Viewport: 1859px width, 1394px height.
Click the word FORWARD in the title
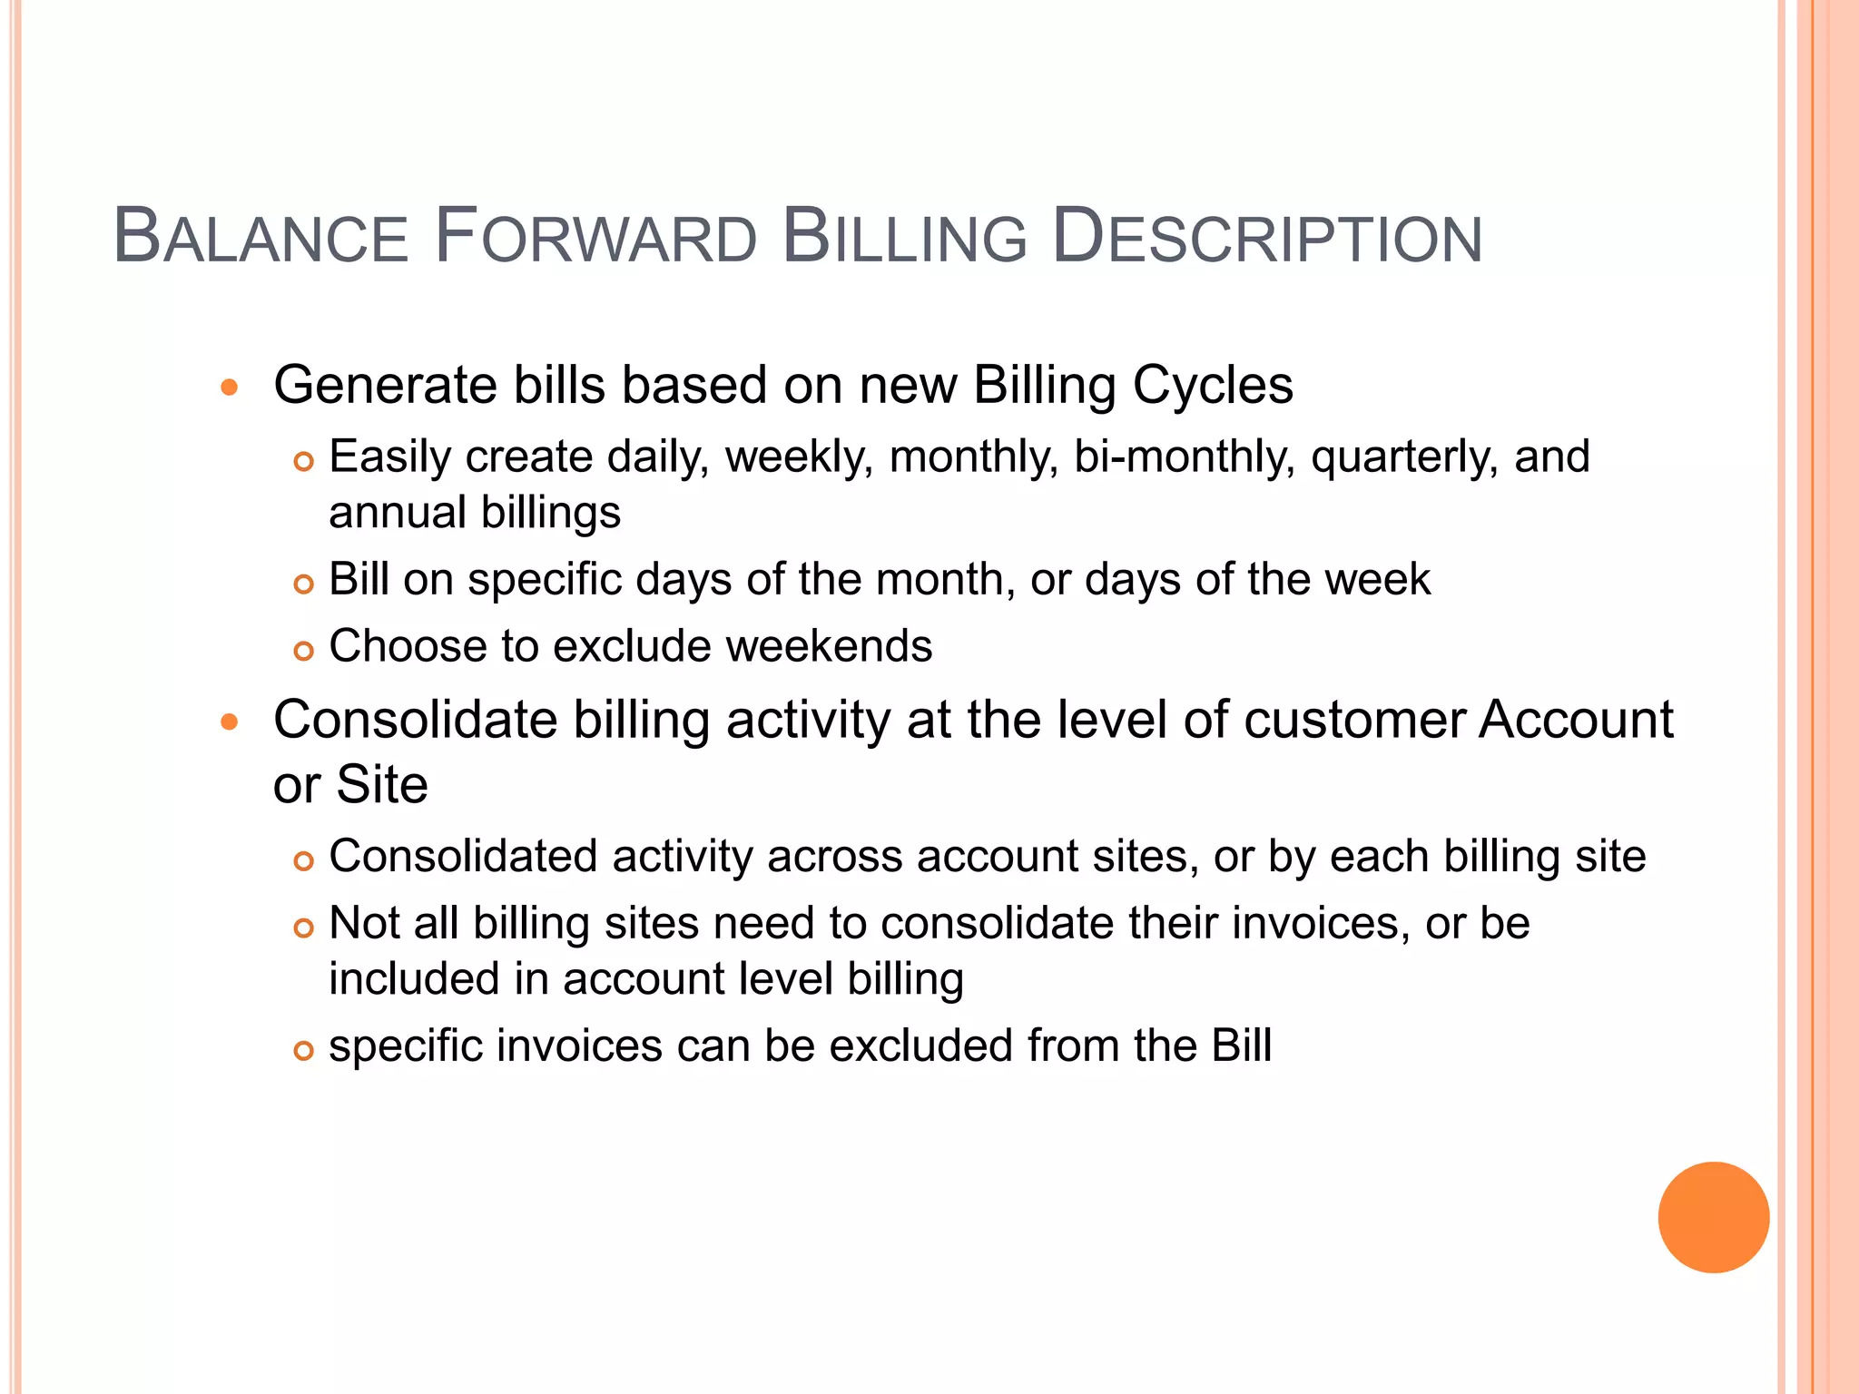(x=595, y=238)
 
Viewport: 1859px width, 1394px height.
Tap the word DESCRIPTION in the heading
(x=1267, y=238)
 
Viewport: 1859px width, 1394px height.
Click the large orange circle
(x=1713, y=1217)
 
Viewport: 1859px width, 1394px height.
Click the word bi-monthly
(x=1184, y=456)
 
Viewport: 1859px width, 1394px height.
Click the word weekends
(x=829, y=646)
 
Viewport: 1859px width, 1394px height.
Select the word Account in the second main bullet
(x=1576, y=721)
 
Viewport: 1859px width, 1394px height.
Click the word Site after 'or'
(x=382, y=785)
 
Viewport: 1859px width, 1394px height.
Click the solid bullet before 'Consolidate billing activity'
(x=230, y=723)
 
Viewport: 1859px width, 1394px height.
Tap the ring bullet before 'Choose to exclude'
(x=303, y=651)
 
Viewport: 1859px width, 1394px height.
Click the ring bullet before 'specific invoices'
(x=303, y=1051)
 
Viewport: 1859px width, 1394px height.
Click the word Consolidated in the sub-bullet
(x=464, y=857)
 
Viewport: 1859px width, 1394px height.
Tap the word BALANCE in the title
(x=261, y=238)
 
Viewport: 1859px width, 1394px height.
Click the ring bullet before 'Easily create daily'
(x=303, y=462)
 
